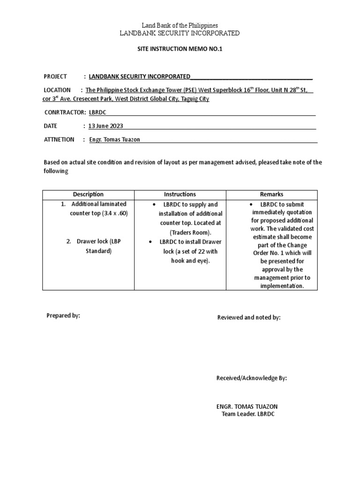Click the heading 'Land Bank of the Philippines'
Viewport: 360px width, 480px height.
pyautogui.click(x=180, y=25)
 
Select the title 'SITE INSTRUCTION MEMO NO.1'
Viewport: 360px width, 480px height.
pyautogui.click(x=180, y=49)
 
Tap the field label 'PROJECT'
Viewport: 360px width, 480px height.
pyautogui.click(x=55, y=76)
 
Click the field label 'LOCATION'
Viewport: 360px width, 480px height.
pyautogui.click(x=57, y=90)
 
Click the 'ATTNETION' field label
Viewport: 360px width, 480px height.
pyautogui.click(x=59, y=139)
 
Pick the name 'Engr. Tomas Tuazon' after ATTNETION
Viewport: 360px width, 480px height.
pyautogui.click(x=114, y=139)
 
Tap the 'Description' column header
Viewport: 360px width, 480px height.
pyautogui.click(x=88, y=194)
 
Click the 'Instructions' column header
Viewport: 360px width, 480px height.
pyautogui.click(x=180, y=194)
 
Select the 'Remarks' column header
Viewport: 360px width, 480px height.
pyautogui.click(x=271, y=194)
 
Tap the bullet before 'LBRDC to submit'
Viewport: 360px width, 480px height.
pyautogui.click(x=252, y=205)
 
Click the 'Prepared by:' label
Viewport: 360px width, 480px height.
pyautogui.click(x=63, y=315)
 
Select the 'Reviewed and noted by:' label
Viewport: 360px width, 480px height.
pyautogui.click(x=249, y=317)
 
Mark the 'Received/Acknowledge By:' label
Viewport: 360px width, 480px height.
pyautogui.click(x=251, y=378)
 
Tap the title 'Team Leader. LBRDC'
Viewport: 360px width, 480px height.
pyautogui.click(x=248, y=414)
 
